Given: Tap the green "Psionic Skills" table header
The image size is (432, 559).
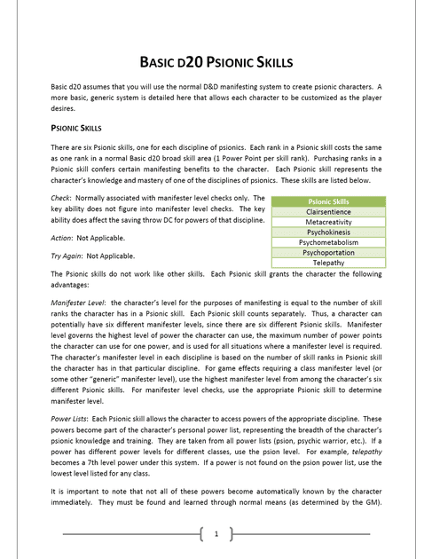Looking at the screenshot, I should point(328,201).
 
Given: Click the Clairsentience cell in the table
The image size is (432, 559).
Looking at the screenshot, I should point(328,212).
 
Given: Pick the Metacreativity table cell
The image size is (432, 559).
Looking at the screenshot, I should point(328,222).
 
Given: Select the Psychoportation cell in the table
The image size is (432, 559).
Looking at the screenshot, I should point(328,252).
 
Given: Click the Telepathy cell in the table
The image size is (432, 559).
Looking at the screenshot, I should point(328,263).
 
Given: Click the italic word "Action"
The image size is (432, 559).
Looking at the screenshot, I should point(63,238).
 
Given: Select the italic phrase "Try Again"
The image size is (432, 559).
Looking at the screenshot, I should point(67,256).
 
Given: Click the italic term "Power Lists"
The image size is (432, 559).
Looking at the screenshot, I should point(70,418).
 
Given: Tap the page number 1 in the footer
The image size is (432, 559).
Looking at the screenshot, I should point(216,533).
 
